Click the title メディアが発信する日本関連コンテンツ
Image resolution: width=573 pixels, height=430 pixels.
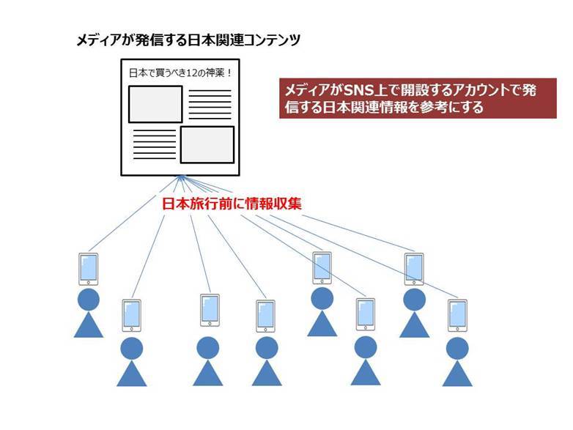188,41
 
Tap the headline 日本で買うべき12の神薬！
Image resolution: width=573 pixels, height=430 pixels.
180,73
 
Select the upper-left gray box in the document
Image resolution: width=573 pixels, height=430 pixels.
155,104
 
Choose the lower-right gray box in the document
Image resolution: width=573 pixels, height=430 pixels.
207,144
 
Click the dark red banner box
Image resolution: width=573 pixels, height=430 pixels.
411,97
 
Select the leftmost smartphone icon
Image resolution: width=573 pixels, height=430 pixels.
89,270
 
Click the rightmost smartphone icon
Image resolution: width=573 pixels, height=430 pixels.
457,316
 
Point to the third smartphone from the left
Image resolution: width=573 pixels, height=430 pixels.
209,310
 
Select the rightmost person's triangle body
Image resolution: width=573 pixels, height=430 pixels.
457,371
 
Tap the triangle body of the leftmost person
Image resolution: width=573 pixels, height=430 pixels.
89,325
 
